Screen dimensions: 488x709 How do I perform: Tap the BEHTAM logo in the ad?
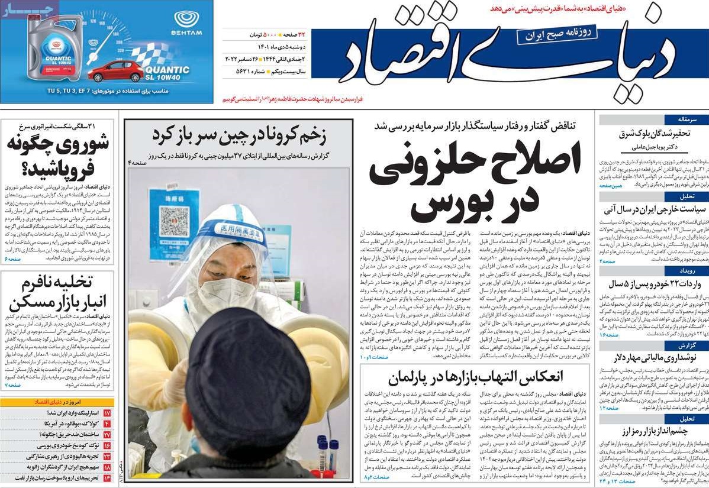(x=186, y=23)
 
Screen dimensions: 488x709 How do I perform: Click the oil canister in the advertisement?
(x=55, y=47)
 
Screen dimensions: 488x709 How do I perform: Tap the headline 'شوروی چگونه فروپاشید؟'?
(x=58, y=154)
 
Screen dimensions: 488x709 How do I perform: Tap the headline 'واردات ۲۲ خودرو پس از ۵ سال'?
(x=655, y=284)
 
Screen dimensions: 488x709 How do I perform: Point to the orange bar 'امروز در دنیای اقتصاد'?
(x=58, y=402)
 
